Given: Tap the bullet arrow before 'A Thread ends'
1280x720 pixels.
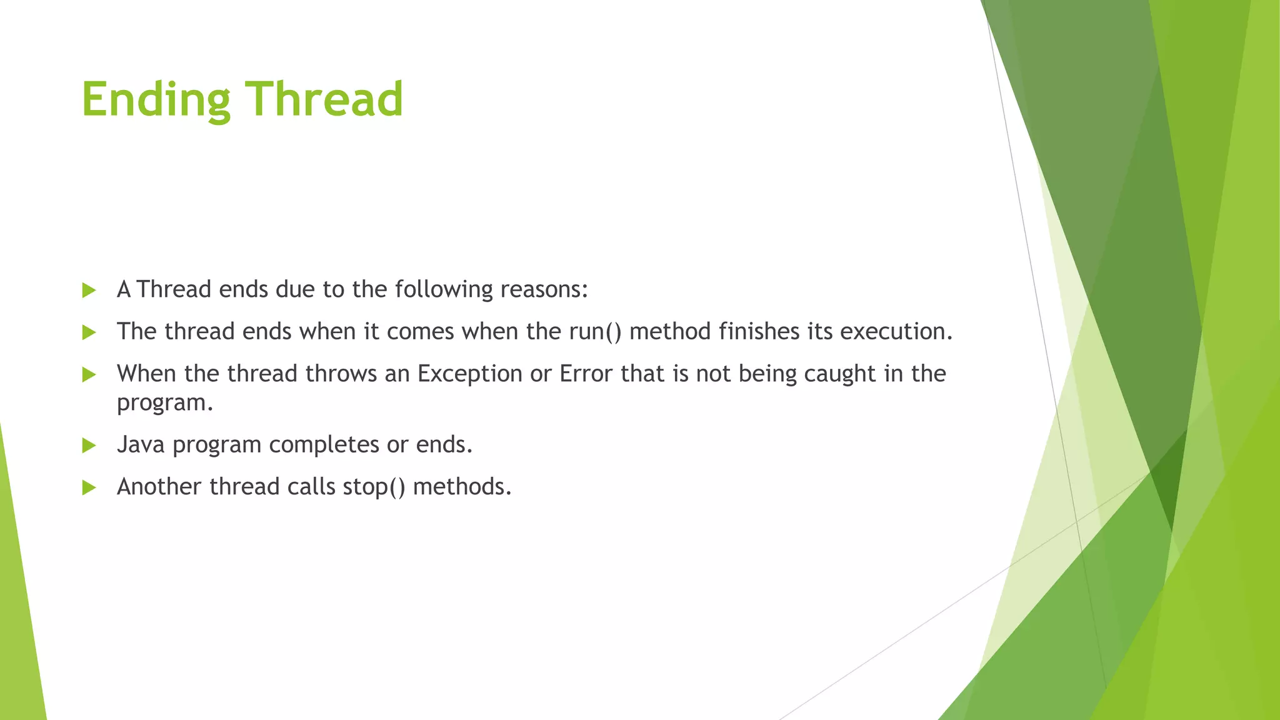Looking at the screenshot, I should tap(89, 291).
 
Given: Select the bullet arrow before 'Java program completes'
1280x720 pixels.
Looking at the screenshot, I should tap(89, 446).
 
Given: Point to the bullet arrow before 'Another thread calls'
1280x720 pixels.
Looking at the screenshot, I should tap(89, 487).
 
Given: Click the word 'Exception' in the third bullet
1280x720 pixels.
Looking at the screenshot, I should tap(469, 374).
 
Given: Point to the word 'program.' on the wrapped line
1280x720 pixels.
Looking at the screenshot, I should tap(165, 403).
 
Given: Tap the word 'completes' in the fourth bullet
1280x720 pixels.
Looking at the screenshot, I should tap(324, 444).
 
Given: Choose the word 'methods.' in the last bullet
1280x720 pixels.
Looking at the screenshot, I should tap(462, 486).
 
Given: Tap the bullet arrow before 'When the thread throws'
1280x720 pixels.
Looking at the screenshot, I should tap(89, 375).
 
